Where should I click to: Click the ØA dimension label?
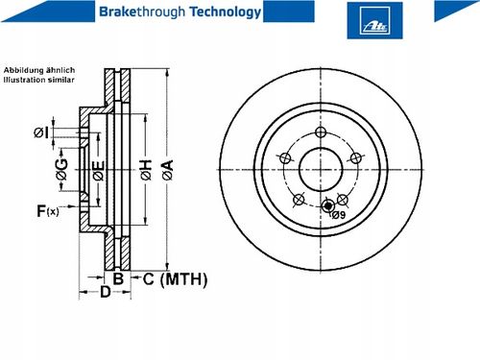click(x=168, y=170)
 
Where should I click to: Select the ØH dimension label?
click(x=146, y=170)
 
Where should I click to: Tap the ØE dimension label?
click(x=99, y=171)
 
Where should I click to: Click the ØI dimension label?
click(x=41, y=132)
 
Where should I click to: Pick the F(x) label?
click(x=48, y=211)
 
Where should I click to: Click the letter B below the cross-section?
click(x=118, y=278)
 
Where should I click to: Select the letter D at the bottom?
click(x=106, y=292)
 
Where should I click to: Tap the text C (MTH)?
click(x=175, y=279)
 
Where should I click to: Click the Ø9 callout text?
click(x=339, y=215)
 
